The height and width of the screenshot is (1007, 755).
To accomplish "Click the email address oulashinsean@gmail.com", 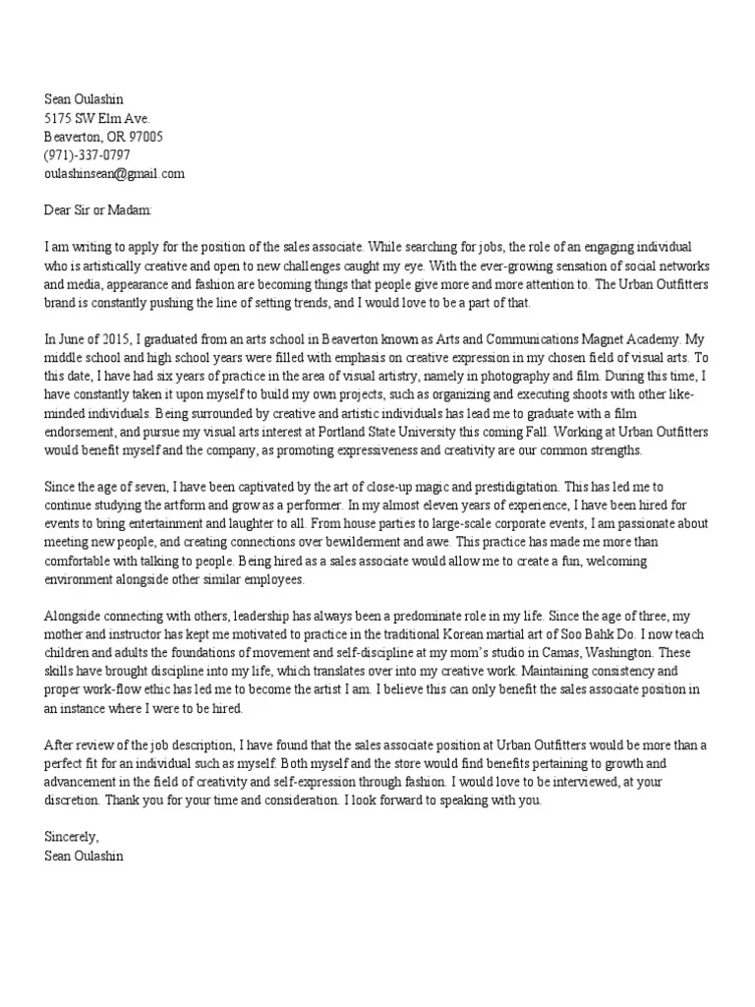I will click(114, 174).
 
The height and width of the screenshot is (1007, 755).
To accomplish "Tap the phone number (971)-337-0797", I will click(87, 155).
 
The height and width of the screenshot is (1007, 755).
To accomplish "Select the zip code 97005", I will click(144, 137).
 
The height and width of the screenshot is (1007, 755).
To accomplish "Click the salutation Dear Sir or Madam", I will click(98, 209).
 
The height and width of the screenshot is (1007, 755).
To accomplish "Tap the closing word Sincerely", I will click(72, 837).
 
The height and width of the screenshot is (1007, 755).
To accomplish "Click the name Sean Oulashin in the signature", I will click(85, 856).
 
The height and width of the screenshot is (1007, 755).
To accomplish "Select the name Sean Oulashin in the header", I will click(85, 99).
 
